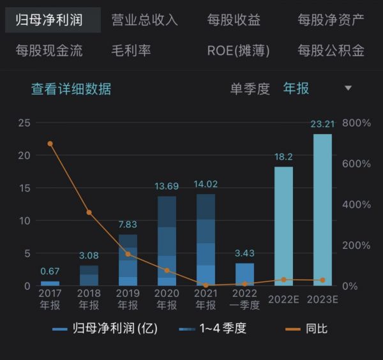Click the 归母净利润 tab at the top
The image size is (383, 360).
pos(49,20)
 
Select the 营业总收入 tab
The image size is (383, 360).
pos(144,20)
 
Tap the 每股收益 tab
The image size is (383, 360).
pos(234,20)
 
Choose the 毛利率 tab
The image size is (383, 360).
pos(131,50)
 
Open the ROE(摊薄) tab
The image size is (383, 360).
pos(238,50)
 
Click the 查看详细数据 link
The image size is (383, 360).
pos(71,89)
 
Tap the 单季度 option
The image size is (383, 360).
pos(250,89)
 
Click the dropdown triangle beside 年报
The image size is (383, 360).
pos(348,88)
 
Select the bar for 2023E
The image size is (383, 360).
pos(322,210)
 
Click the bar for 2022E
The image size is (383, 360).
pos(283,226)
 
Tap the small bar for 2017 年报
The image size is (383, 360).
pos(50,283)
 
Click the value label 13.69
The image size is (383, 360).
pos(167,186)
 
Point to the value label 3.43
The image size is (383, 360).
pos(244,253)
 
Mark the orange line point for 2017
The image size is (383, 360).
pos(50,144)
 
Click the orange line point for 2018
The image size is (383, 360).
pos(89,213)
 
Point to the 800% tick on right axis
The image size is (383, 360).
pos(356,123)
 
